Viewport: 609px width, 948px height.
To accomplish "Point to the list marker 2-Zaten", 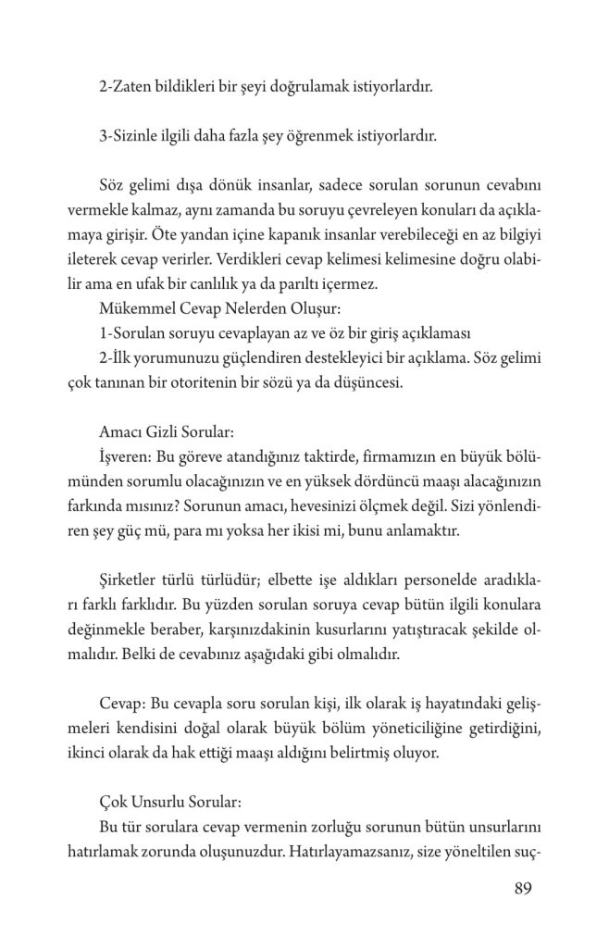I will [x=122, y=89].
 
